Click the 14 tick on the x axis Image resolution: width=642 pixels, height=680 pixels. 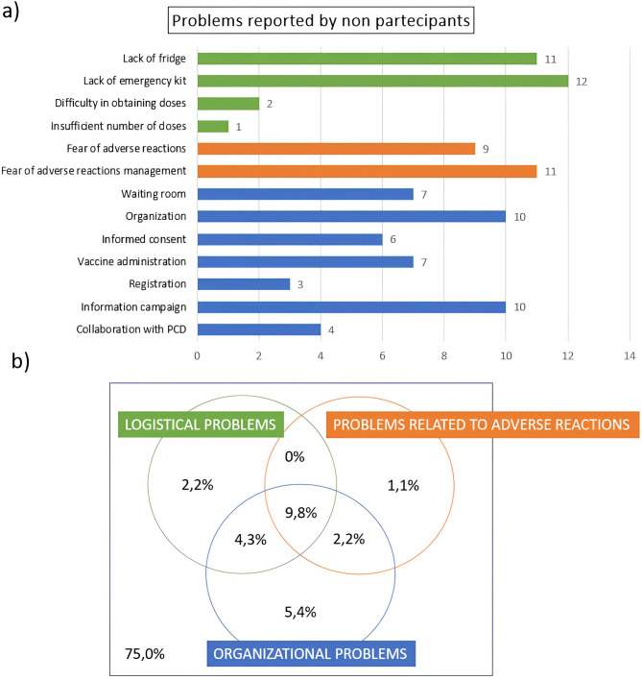629,354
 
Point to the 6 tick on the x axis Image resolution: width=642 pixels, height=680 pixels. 382,354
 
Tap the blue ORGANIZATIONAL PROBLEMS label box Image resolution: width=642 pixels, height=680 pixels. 311,654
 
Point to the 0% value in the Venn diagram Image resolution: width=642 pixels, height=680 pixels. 294,457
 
